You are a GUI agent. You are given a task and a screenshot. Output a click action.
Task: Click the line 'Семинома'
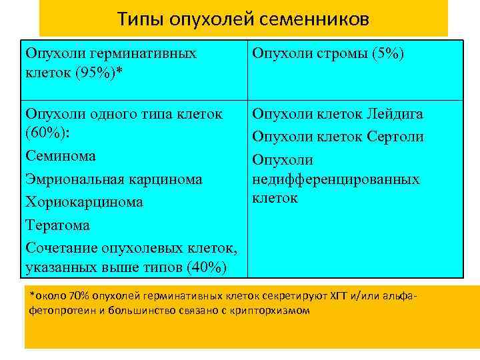point(60,156)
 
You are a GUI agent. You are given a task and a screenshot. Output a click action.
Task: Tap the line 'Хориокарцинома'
point(83,202)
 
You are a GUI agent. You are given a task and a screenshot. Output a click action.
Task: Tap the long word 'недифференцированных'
point(336,179)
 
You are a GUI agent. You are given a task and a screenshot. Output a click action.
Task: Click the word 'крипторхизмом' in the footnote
point(274,310)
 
